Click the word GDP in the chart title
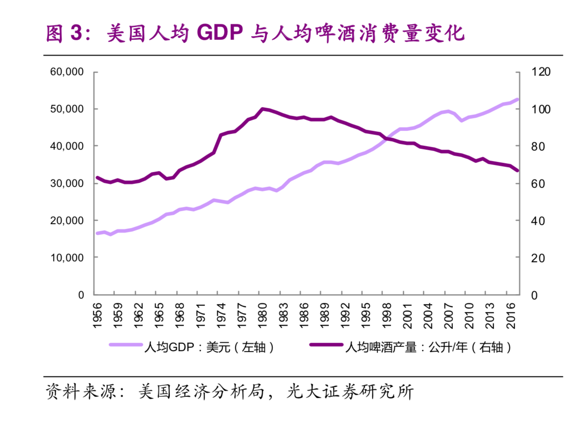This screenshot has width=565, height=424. (x=219, y=33)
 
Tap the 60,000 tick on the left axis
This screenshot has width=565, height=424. (x=67, y=72)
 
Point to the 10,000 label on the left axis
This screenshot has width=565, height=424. (x=67, y=258)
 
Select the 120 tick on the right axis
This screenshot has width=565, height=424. (x=540, y=72)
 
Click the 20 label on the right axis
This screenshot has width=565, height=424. (x=537, y=258)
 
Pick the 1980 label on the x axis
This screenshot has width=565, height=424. (x=263, y=315)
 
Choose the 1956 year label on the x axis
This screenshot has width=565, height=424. (x=98, y=315)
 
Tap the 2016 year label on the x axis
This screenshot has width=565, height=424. (x=511, y=315)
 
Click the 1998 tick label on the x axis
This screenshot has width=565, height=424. (x=387, y=315)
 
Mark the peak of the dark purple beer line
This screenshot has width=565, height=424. (x=263, y=109)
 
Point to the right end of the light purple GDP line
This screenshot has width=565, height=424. (x=517, y=99)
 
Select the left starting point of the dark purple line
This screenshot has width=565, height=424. (x=97, y=177)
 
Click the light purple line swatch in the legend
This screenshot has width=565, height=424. (x=126, y=345)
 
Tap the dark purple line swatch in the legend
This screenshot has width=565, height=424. (x=326, y=345)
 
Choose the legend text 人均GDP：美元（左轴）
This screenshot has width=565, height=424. (x=209, y=347)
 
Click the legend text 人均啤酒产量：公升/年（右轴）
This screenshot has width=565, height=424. (x=428, y=347)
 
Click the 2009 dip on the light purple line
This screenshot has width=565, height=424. (x=462, y=120)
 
